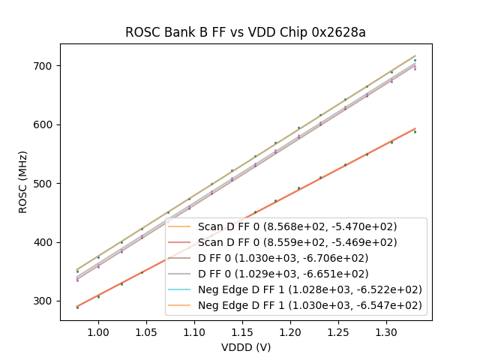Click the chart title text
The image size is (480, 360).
pos(244,32)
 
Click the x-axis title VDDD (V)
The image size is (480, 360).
pos(244,347)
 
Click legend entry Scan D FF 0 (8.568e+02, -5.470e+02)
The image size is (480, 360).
pos(297,226)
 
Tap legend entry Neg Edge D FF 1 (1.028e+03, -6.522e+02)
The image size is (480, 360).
pos(310,289)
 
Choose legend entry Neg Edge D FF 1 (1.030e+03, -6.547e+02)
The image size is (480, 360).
pos(310,305)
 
